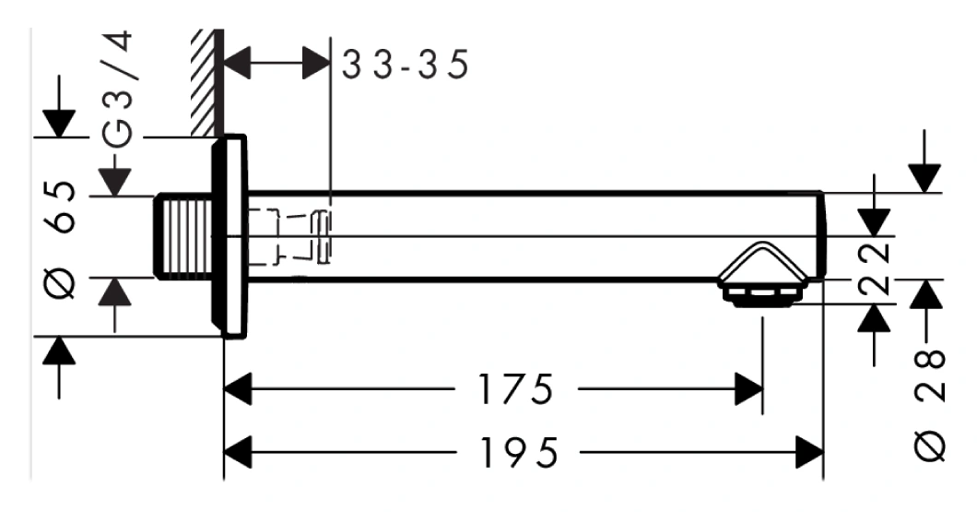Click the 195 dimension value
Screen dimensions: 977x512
pyautogui.click(x=518, y=452)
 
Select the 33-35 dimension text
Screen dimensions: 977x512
pyautogui.click(x=405, y=65)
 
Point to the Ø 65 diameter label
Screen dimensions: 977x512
pyautogui.click(x=62, y=240)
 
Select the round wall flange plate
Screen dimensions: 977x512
pyautogui.click(x=230, y=236)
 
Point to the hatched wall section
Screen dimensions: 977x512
pyautogui.click(x=206, y=82)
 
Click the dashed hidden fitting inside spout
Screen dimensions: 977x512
pyautogui.click(x=289, y=237)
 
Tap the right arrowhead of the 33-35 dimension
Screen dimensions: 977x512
pyautogui.click(x=316, y=63)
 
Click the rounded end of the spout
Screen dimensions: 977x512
pyautogui.click(x=822, y=236)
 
